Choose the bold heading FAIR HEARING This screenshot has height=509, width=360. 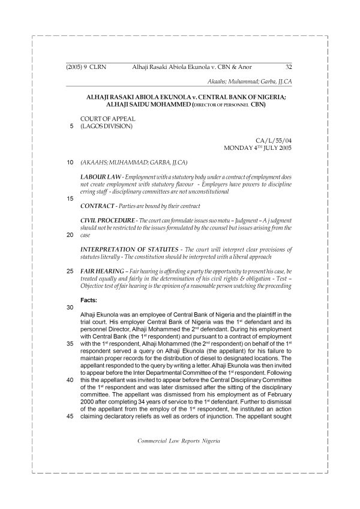(100, 271)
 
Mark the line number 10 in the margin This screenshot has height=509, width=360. (70, 162)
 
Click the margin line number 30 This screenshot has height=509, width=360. (70, 306)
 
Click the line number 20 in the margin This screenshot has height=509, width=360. (70, 235)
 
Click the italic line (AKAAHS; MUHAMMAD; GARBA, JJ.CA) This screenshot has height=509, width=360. (126, 162)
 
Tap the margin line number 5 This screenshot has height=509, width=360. (71, 127)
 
